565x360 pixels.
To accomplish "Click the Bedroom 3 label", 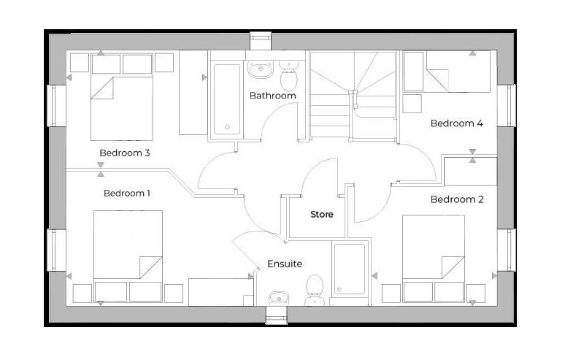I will point(125,153).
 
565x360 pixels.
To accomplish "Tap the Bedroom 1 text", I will point(126,194).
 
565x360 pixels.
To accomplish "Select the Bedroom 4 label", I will point(456,123).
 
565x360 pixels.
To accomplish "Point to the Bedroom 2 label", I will point(456,199).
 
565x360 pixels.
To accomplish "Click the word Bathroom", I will point(272,96).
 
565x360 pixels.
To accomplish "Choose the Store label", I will point(322,215).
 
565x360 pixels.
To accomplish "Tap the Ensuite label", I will point(284,264).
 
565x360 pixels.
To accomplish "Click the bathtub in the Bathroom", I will point(226,99).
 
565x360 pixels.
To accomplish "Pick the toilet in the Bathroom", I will point(290,70).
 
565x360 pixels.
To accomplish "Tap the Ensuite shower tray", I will point(349,269).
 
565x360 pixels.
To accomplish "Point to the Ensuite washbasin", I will point(277,298).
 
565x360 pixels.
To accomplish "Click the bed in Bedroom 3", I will point(122,107).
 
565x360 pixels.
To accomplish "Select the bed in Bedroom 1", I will point(128,246).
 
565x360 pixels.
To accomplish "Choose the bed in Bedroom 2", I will point(434,248).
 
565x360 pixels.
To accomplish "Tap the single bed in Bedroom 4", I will point(458,72).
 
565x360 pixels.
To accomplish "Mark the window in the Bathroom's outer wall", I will point(261,40).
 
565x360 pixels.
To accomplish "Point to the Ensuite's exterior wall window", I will point(277,315).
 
